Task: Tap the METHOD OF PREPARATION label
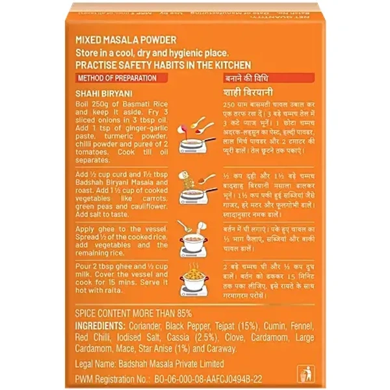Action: tap(116, 78)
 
